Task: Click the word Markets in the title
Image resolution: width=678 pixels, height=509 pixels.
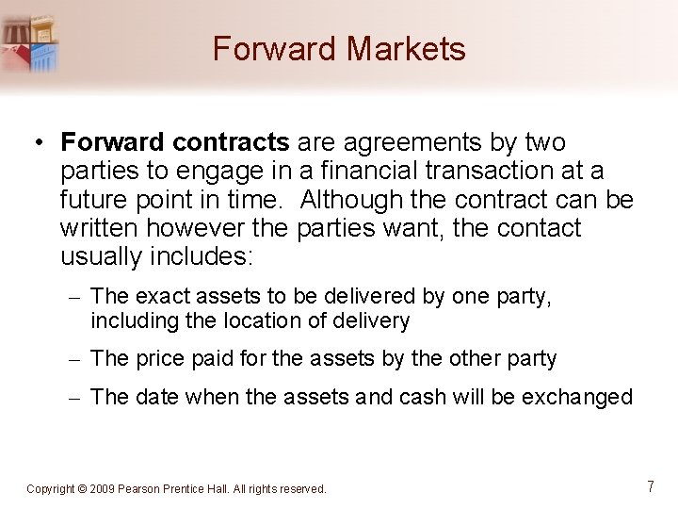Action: click(x=409, y=48)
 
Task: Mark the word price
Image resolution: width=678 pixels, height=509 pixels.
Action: click(x=159, y=359)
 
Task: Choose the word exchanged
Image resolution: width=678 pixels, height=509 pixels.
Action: click(x=577, y=397)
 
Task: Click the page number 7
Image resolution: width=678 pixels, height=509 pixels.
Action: click(x=651, y=486)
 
